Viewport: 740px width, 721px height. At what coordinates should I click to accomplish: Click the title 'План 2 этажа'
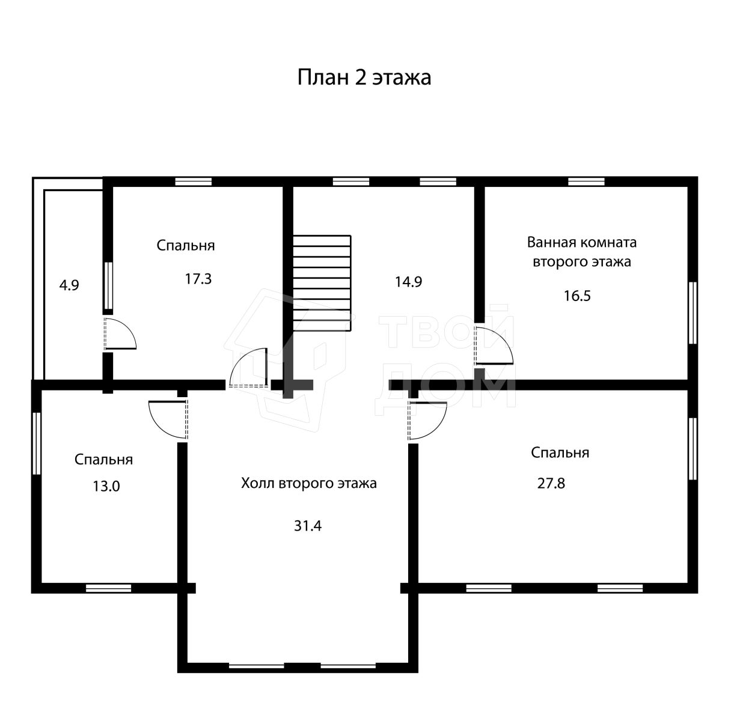364,78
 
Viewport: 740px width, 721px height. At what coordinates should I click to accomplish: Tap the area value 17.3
198,279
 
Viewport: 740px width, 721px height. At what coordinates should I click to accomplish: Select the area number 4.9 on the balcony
69,285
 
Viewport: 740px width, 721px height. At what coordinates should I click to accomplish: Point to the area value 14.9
408,282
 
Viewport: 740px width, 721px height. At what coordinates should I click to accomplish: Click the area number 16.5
577,296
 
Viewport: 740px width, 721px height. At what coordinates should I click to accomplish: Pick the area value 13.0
106,486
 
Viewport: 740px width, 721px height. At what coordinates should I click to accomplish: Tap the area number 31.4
308,526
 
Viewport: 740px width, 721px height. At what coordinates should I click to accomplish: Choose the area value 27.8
551,484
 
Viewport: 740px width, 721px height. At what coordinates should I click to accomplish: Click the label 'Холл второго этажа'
309,484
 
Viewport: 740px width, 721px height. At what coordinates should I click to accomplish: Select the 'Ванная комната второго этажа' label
581,252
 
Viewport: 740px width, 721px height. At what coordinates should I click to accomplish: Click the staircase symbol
322,283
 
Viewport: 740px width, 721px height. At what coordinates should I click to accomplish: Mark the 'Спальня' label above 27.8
560,452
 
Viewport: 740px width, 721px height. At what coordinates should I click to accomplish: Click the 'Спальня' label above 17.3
186,246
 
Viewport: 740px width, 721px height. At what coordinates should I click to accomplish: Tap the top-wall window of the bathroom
586,181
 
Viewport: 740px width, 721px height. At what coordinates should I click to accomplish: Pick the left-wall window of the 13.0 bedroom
37,443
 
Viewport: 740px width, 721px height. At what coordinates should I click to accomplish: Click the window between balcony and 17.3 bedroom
108,285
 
